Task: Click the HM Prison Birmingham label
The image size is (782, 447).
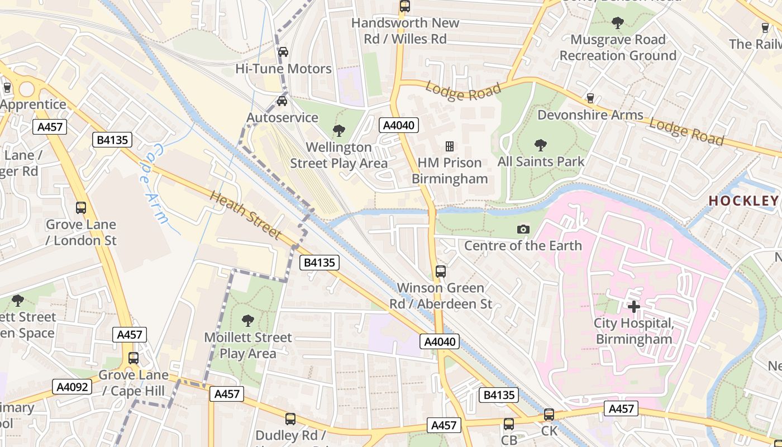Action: click(450, 171)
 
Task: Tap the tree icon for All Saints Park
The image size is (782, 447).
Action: click(540, 145)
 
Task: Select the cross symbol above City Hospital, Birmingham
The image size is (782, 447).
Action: click(633, 307)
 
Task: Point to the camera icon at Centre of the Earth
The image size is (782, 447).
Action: click(523, 229)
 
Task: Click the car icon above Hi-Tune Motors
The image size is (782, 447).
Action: click(283, 52)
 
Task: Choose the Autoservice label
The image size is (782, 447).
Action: click(283, 118)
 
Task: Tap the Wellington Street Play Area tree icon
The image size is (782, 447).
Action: click(338, 131)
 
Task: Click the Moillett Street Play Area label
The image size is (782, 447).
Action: click(248, 345)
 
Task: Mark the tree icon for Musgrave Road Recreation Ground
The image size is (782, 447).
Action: click(617, 23)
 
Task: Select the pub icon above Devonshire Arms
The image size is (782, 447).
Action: click(590, 98)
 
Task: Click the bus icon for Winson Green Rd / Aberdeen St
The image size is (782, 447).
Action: click(441, 272)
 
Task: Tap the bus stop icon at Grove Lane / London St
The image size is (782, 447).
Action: click(81, 208)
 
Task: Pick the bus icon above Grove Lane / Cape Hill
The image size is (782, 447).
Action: click(133, 358)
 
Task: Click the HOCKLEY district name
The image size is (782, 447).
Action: click(743, 201)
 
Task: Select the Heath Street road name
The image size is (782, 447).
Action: click(245, 215)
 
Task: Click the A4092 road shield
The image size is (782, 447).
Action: click(73, 387)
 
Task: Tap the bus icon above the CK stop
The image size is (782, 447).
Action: click(549, 415)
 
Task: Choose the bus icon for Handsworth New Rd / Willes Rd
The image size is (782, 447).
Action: click(405, 7)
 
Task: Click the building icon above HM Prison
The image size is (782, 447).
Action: click(449, 146)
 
